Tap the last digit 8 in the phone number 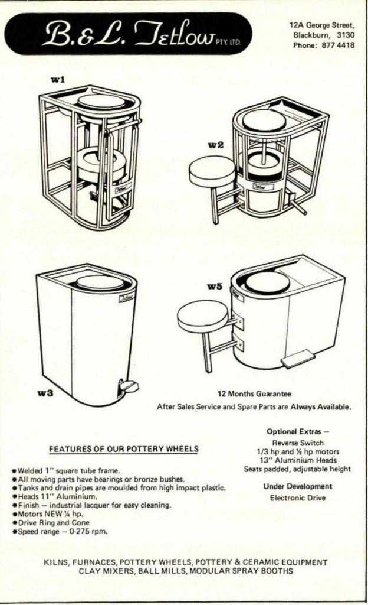tap(352, 45)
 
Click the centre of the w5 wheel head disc tap(268, 282)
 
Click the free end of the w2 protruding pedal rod tap(305, 212)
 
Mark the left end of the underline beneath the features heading tap(49, 453)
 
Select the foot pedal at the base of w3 tap(128, 385)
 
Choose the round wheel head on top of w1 tap(101, 102)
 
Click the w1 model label tap(58, 80)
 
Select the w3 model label tap(45, 393)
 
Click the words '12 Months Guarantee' tap(254, 394)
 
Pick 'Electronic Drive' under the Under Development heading tap(298, 497)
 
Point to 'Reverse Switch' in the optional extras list tap(298, 443)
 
